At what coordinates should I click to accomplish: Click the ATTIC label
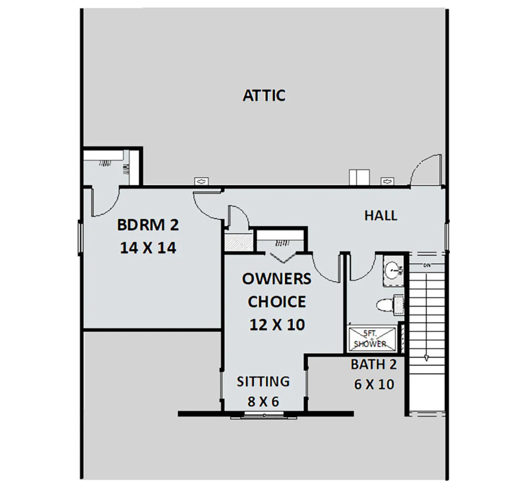[x=264, y=95]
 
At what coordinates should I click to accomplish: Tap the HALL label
[x=381, y=216]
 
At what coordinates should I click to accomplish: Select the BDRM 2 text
[x=148, y=225]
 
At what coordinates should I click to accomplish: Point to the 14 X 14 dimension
[x=148, y=248]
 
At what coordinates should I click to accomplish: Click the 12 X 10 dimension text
[x=277, y=325]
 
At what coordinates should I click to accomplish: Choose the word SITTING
[x=263, y=382]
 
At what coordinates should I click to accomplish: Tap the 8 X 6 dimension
[x=263, y=402]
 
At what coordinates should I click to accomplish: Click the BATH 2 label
[x=374, y=365]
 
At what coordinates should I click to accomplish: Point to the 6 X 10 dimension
[x=374, y=384]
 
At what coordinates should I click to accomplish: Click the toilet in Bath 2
[x=390, y=305]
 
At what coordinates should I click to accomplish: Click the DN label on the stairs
[x=427, y=265]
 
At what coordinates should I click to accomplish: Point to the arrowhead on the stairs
[x=426, y=358]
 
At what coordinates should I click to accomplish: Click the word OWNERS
[x=276, y=278]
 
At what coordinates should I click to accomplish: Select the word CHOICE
[x=277, y=302]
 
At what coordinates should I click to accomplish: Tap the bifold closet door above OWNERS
[x=283, y=258]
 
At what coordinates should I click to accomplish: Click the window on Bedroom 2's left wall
[x=80, y=238]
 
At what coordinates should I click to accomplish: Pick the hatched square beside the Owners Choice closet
[x=238, y=242]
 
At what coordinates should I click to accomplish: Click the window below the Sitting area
[x=264, y=416]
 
